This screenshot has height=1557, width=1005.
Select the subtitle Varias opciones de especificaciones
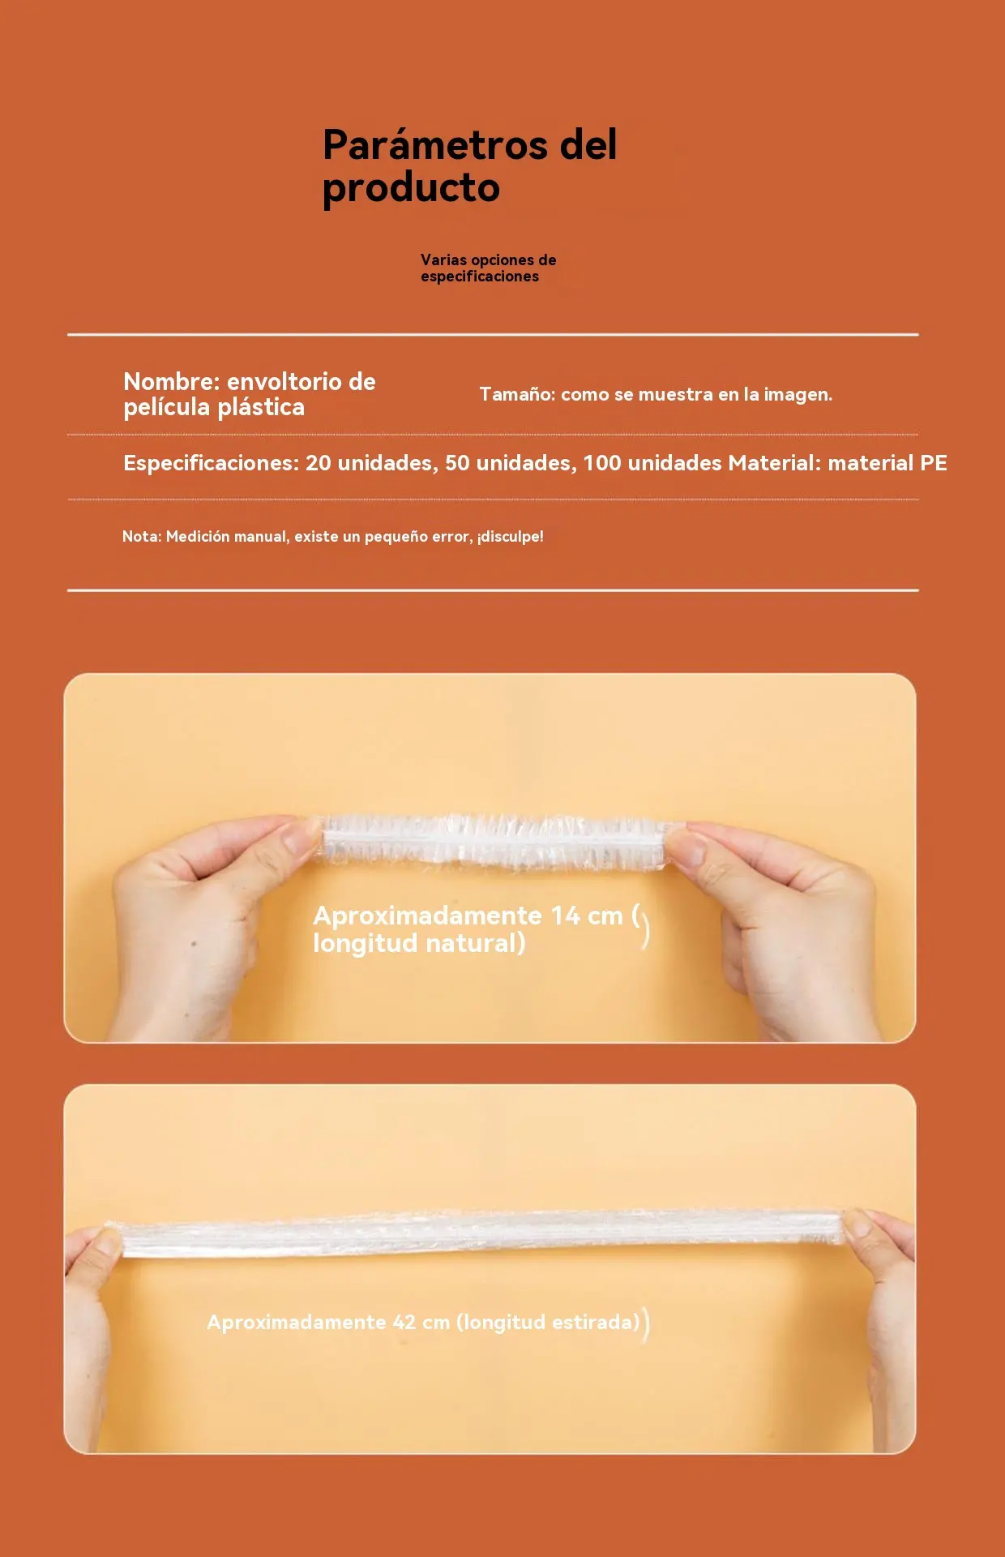[489, 268]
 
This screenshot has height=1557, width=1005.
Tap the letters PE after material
[934, 463]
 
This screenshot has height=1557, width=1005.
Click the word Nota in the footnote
[142, 536]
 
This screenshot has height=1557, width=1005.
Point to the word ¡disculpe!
[510, 537]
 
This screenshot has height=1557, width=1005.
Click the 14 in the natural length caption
[566, 916]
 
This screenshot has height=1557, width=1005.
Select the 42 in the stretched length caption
[404, 1322]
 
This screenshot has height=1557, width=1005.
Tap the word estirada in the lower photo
[596, 1322]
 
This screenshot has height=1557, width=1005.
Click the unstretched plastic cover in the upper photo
[494, 843]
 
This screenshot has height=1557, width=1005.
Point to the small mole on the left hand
[193, 944]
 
